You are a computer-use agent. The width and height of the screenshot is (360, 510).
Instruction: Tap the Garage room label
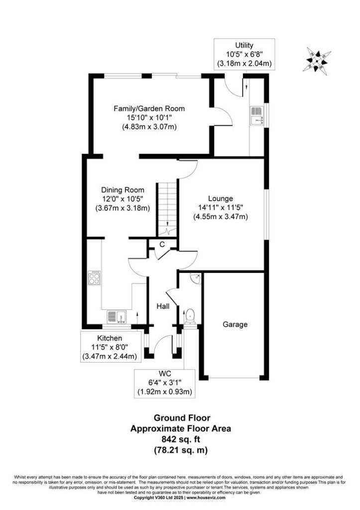click(x=235, y=324)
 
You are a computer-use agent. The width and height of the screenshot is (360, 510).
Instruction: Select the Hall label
click(x=163, y=306)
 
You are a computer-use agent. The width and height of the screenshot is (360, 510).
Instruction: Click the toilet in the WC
click(x=190, y=317)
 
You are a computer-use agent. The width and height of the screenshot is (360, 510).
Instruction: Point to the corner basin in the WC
click(x=196, y=278)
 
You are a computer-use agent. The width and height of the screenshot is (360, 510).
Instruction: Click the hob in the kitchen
click(x=94, y=278)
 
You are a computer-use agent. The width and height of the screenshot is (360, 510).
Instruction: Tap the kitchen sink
click(x=117, y=317)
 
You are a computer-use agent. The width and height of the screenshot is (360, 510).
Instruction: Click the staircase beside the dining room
click(x=167, y=209)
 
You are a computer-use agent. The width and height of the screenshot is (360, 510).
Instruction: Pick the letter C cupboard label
click(x=162, y=244)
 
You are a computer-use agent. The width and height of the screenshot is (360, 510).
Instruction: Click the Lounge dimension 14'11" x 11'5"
click(x=221, y=207)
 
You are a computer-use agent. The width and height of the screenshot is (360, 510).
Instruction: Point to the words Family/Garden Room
click(x=149, y=109)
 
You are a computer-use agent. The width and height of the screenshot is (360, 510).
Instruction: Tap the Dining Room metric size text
click(x=122, y=208)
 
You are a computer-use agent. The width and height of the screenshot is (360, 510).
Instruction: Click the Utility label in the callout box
click(x=244, y=45)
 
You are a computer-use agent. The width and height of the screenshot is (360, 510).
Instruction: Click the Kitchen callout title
click(x=110, y=339)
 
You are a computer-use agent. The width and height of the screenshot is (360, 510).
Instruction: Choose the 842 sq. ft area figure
click(x=181, y=439)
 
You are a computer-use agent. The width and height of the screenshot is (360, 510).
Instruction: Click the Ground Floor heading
click(x=182, y=418)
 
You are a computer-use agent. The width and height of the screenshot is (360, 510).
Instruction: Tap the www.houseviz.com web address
click(x=206, y=498)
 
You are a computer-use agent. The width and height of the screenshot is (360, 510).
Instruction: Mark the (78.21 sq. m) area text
click(x=180, y=450)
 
